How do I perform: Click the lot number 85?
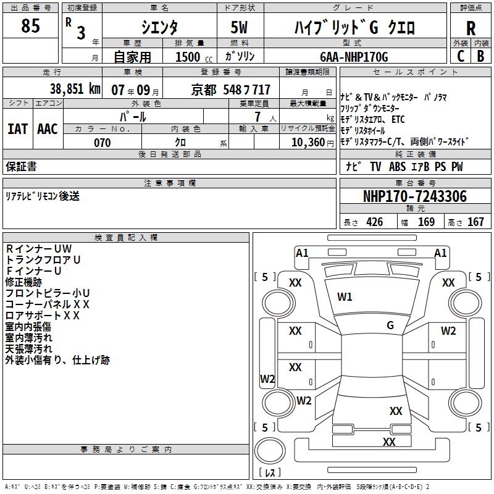pos(30,27)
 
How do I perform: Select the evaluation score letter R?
pos(471,28)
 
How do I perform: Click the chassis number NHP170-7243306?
pos(414,196)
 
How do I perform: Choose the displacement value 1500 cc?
pos(188,57)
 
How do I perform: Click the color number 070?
pos(102,143)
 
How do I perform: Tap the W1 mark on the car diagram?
pos(345,297)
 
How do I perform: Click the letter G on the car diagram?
pos(390,325)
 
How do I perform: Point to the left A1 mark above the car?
pos(302,253)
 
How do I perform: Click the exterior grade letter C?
pos(461,56)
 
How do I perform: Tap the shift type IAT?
pos(18,128)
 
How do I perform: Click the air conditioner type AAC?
pos(48,128)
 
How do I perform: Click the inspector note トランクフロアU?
pos(43,260)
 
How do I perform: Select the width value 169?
pos(427,222)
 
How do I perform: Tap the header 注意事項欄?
pos(169,183)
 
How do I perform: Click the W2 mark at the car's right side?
pos(448,330)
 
